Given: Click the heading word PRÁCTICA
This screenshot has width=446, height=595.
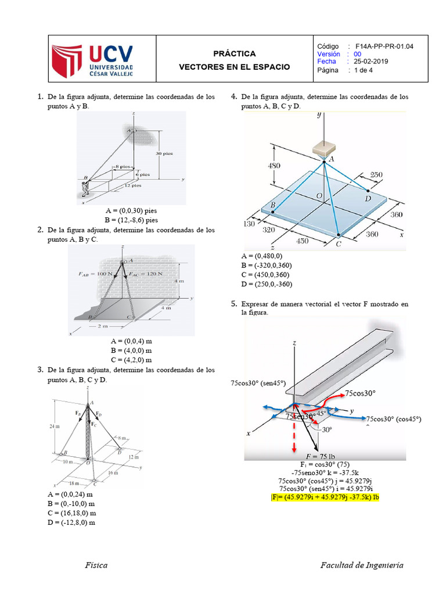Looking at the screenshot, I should (234, 53).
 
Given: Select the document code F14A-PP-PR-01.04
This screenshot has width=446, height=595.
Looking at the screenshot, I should (384, 46).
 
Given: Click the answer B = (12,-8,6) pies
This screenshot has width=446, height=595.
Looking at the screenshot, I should (131, 220).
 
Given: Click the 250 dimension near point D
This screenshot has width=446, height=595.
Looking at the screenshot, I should (376, 175).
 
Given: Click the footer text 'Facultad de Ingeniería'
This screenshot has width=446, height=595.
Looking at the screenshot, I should (362, 565).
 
